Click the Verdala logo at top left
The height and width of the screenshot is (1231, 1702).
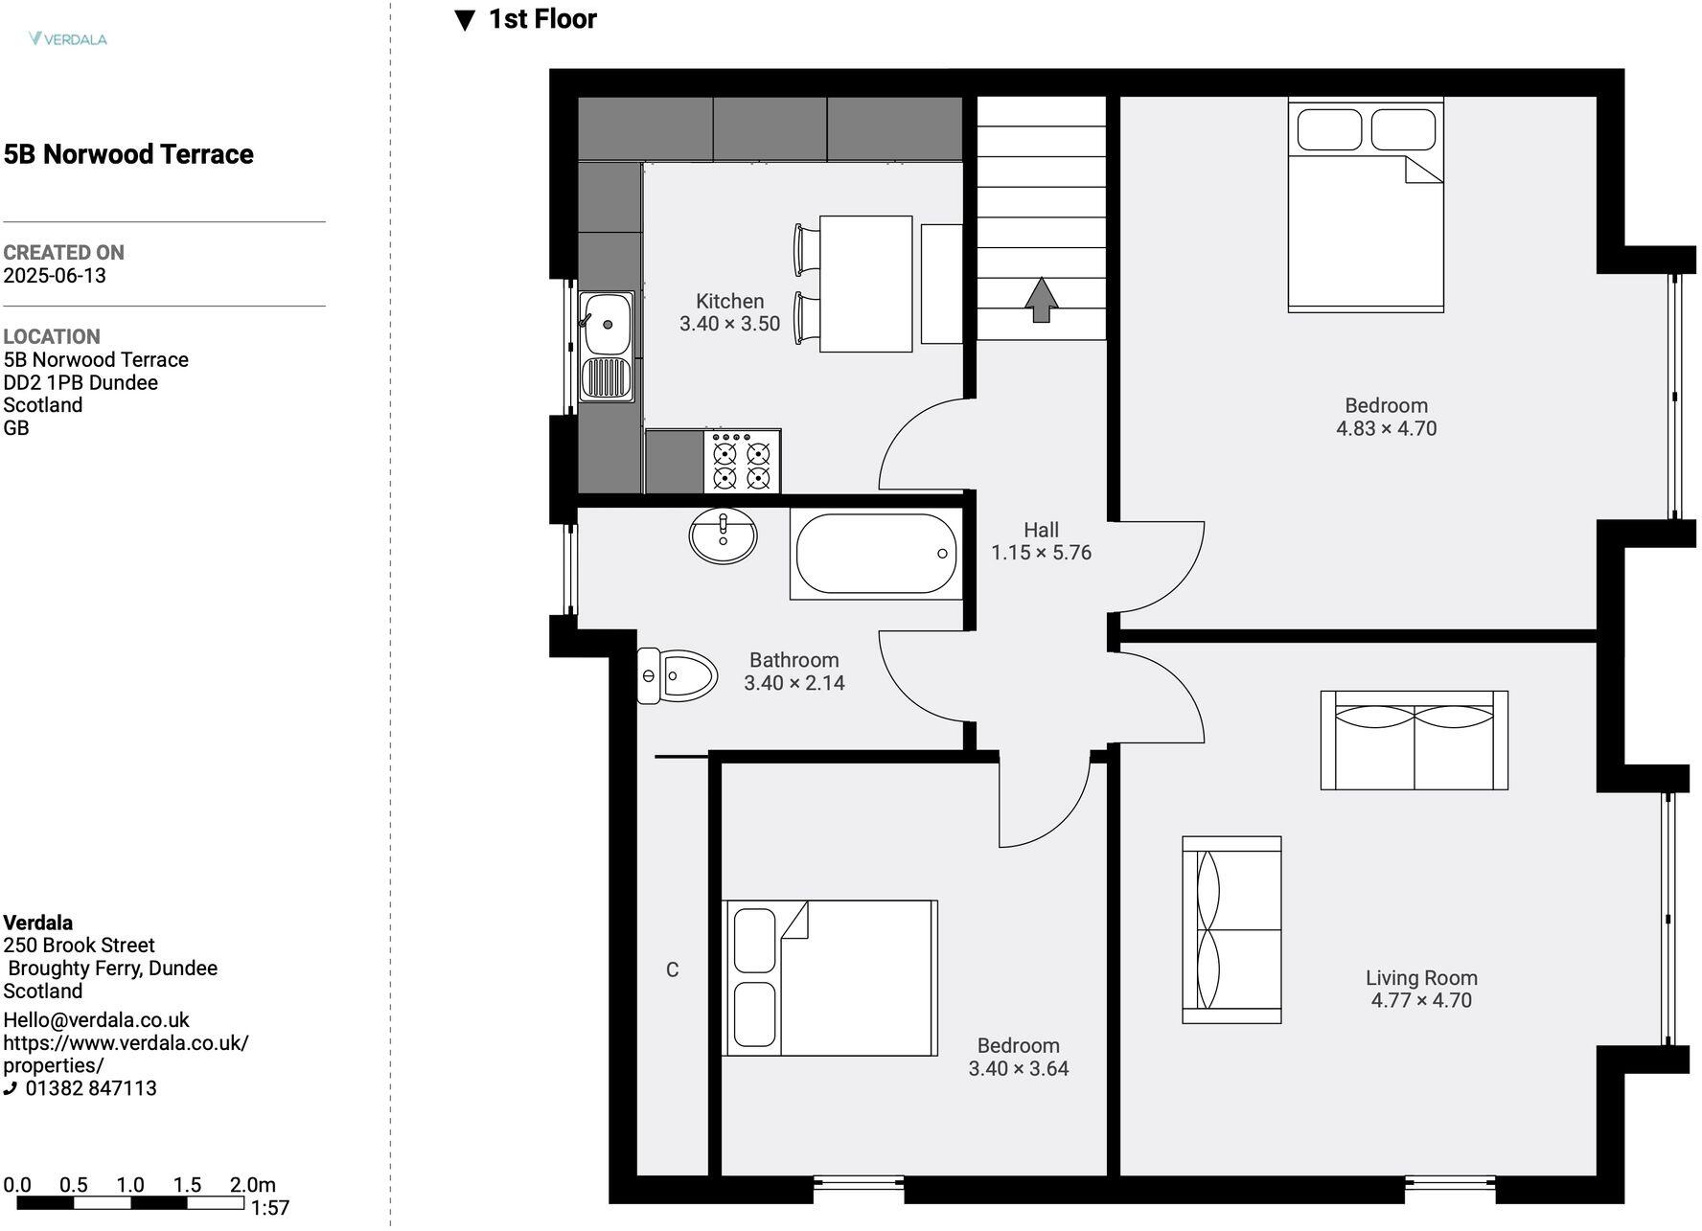coord(67,39)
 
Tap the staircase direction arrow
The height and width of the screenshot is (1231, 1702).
coord(1042,300)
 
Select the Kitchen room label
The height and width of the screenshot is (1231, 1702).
coord(729,301)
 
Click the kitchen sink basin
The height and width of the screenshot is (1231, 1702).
coord(607,324)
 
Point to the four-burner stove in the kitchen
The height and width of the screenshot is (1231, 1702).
coord(742,462)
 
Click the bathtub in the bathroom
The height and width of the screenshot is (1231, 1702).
coord(875,555)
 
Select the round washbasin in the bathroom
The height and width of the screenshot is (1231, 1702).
coord(723,536)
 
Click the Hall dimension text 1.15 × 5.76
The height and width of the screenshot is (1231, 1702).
coord(1041,553)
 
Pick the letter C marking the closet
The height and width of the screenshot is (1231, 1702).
coord(672,969)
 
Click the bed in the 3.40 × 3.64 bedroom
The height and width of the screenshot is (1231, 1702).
coord(830,978)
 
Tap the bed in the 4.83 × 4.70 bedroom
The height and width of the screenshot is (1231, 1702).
coord(1366,205)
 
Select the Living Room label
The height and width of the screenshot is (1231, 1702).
coord(1421,978)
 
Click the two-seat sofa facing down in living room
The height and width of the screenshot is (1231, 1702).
coord(1414,740)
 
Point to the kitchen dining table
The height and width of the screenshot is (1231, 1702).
coord(865,284)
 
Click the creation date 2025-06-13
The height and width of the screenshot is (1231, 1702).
coord(55,276)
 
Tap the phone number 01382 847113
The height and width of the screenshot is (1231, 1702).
coord(91,1088)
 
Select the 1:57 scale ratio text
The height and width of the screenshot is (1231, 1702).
coord(270,1208)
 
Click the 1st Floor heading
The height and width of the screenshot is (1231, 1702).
coord(542,19)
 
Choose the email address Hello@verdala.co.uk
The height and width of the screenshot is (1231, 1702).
coord(97,1020)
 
